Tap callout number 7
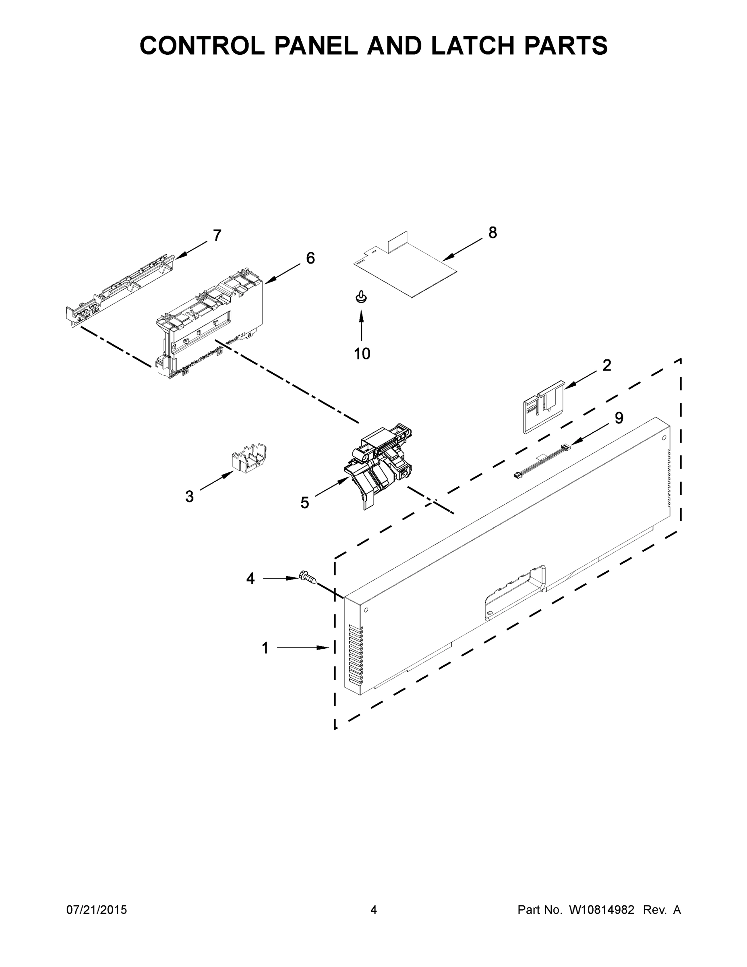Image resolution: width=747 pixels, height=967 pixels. pos(217,236)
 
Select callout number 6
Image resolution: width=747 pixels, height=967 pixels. pos(310,258)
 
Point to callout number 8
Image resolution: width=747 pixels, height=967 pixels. pos(492,232)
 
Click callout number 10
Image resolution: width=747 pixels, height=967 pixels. pos(362,353)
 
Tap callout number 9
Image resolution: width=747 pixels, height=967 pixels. pos(619,417)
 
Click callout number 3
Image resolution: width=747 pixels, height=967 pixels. pos(189,496)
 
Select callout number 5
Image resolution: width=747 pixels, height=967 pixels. pos(304,502)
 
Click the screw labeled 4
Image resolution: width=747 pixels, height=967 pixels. pos(308,577)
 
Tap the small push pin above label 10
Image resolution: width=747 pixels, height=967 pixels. pos(361,297)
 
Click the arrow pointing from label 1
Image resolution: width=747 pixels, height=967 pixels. pos(303,647)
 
